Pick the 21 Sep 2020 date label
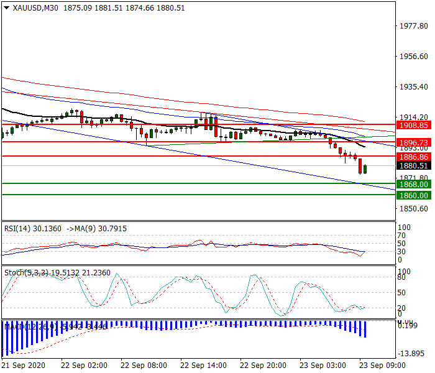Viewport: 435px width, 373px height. [x=23, y=365]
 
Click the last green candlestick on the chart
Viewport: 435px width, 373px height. [x=365, y=169]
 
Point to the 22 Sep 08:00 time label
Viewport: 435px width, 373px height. [x=144, y=365]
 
